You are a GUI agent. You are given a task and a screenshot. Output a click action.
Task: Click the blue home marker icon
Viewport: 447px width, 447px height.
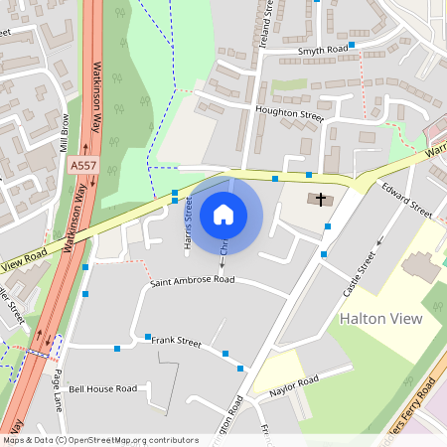click(223, 214)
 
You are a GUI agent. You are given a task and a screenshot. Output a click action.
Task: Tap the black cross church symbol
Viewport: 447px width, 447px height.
click(320, 200)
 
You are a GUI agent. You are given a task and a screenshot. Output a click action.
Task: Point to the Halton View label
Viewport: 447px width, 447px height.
click(381, 319)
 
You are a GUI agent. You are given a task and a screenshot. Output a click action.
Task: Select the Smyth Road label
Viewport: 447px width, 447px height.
click(323, 49)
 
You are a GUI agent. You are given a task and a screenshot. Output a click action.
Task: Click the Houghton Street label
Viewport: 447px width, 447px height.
click(289, 114)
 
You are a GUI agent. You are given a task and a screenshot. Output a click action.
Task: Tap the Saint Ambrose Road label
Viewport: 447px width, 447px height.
click(192, 281)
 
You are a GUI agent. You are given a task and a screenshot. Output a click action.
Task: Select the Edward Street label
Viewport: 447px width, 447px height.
click(407, 199)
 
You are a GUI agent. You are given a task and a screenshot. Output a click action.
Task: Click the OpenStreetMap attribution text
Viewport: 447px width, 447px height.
click(99, 440)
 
